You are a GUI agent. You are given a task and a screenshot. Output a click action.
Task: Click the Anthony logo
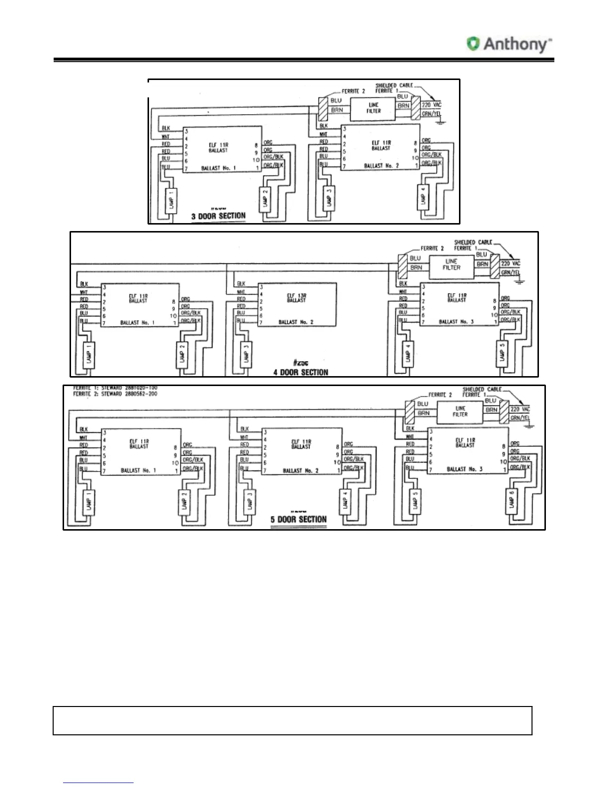509,44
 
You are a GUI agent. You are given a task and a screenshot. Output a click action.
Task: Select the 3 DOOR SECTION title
219,216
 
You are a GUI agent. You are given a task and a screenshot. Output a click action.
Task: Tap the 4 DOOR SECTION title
301,372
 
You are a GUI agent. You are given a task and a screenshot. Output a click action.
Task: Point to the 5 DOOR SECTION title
299,519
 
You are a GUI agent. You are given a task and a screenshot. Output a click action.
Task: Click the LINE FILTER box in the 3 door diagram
374,108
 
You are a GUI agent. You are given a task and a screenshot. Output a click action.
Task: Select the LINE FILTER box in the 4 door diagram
451,265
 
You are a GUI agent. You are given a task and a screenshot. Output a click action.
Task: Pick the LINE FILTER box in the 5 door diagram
460,411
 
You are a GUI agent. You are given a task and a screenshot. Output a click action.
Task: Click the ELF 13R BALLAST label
296,298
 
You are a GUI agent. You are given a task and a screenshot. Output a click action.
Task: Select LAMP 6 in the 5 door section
512,501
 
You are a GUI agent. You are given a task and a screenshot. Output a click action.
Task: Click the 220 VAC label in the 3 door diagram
431,105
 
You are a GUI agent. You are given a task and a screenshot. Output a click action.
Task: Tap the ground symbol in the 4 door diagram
519,281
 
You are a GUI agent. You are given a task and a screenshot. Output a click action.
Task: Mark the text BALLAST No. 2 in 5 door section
301,471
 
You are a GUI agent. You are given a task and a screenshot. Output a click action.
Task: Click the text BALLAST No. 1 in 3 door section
218,168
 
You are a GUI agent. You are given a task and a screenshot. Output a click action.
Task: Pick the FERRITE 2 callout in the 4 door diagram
432,248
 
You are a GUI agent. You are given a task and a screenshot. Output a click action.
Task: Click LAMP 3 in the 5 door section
249,503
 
